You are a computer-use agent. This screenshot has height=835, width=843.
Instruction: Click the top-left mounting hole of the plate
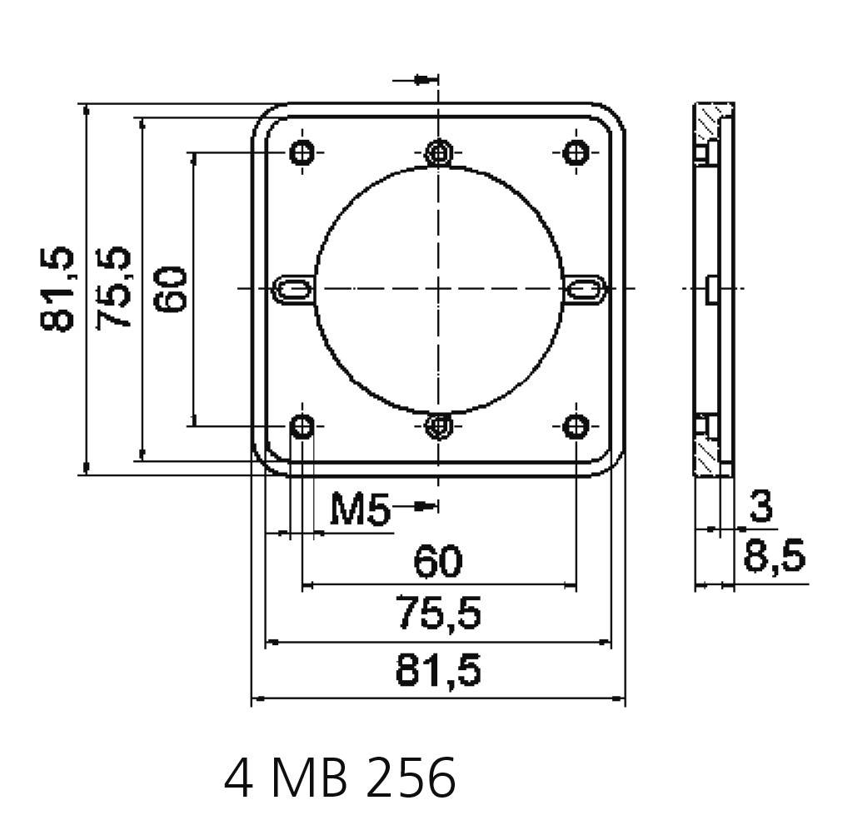(x=302, y=152)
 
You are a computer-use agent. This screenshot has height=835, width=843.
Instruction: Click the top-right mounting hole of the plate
(x=576, y=152)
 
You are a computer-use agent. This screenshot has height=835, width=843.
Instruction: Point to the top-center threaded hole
(x=438, y=152)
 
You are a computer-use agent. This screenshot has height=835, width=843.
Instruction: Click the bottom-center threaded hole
(x=438, y=426)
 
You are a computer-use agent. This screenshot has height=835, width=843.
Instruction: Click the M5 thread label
(x=360, y=509)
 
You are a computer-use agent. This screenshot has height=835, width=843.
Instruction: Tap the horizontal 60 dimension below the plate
(x=438, y=563)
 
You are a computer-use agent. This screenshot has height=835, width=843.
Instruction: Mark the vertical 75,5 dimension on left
(x=115, y=289)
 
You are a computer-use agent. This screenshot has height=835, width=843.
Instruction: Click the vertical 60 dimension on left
(x=170, y=289)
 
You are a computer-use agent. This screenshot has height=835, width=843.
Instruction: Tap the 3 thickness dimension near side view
(x=760, y=507)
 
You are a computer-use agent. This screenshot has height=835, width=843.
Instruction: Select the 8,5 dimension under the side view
(x=774, y=556)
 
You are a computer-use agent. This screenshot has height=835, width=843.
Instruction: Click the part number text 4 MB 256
(x=340, y=778)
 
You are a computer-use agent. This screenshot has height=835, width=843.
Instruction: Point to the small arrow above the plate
(x=425, y=79)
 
